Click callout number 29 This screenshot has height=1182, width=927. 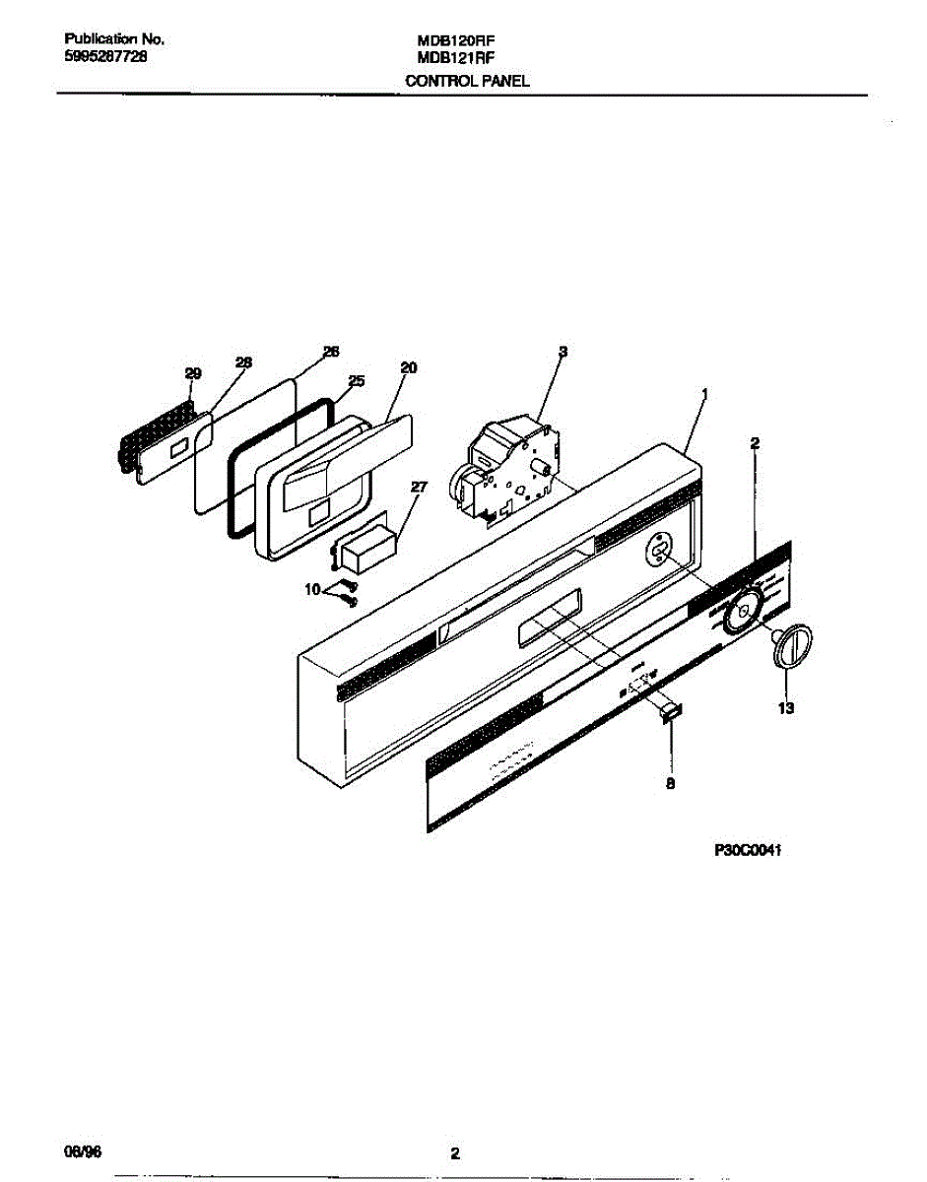pos(193,373)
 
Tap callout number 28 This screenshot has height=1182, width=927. pos(243,362)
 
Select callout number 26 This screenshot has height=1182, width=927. pos(331,352)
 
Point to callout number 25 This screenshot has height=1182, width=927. pos(357,380)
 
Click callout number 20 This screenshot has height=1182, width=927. pos(408,368)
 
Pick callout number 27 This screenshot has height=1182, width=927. pos(420,487)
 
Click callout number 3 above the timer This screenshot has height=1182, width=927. pos(563,352)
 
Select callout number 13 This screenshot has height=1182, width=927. pos(786,707)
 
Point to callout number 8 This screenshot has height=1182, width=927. pos(671,785)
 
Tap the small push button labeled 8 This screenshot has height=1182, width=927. pos(670,711)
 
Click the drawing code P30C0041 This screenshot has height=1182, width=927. pos(748,851)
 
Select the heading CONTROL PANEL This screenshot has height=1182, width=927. pos(467,81)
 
